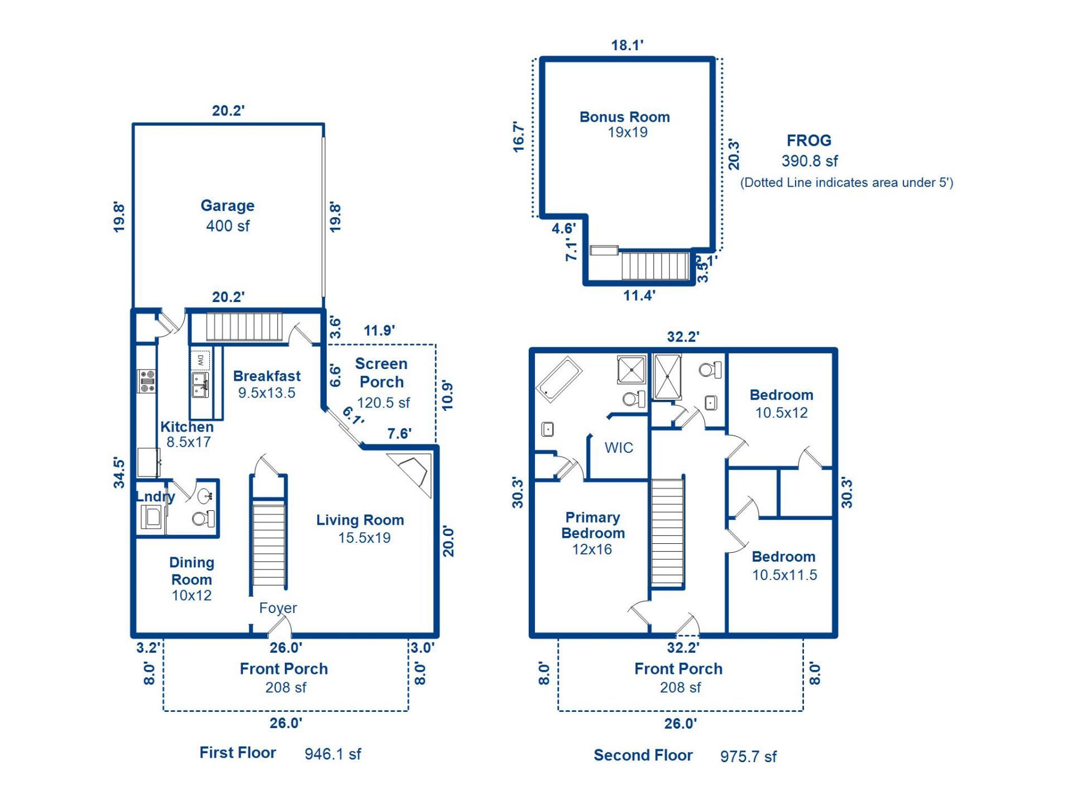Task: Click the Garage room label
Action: click(227, 205)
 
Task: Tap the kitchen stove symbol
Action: click(147, 381)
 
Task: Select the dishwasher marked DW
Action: click(200, 360)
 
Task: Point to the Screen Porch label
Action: click(381, 373)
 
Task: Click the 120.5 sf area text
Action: click(383, 403)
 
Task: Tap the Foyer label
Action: click(277, 607)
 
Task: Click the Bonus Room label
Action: click(624, 117)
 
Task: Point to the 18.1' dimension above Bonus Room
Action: click(627, 45)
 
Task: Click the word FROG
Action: click(808, 140)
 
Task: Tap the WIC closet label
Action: click(619, 448)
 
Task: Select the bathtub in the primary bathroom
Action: click(559, 379)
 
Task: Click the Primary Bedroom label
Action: click(592, 525)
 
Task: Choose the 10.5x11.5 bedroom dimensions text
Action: click(784, 575)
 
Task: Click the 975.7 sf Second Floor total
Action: click(748, 757)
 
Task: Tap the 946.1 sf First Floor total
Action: click(332, 754)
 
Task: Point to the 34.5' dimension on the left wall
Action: click(119, 472)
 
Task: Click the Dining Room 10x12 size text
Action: click(192, 595)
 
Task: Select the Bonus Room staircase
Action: click(655, 266)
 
